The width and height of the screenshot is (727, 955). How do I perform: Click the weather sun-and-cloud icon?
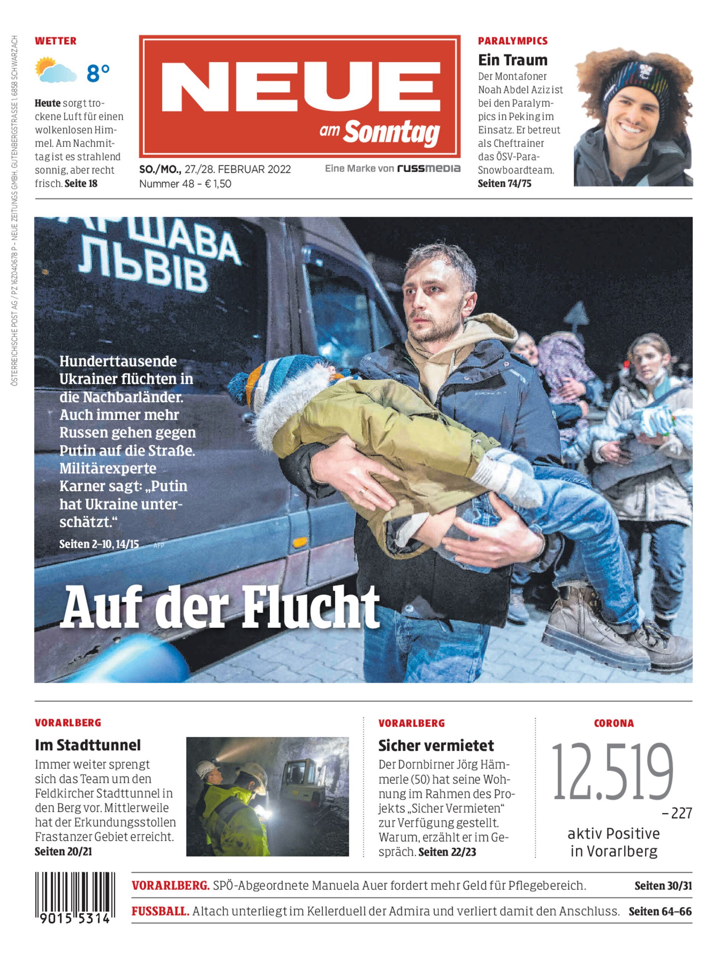coord(55,70)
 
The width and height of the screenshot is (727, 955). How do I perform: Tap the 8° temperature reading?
coord(98,73)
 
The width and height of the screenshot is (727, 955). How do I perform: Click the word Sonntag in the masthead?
coord(391,132)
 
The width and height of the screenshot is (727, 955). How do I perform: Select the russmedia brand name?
coord(429,168)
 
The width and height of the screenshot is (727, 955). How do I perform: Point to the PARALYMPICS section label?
coord(512,41)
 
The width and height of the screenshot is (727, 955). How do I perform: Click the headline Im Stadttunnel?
coord(88,745)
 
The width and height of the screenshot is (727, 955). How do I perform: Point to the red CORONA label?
coord(614,723)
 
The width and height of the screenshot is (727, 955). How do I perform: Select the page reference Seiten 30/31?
coord(663,886)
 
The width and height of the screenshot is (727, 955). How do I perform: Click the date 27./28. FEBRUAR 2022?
coord(237,169)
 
